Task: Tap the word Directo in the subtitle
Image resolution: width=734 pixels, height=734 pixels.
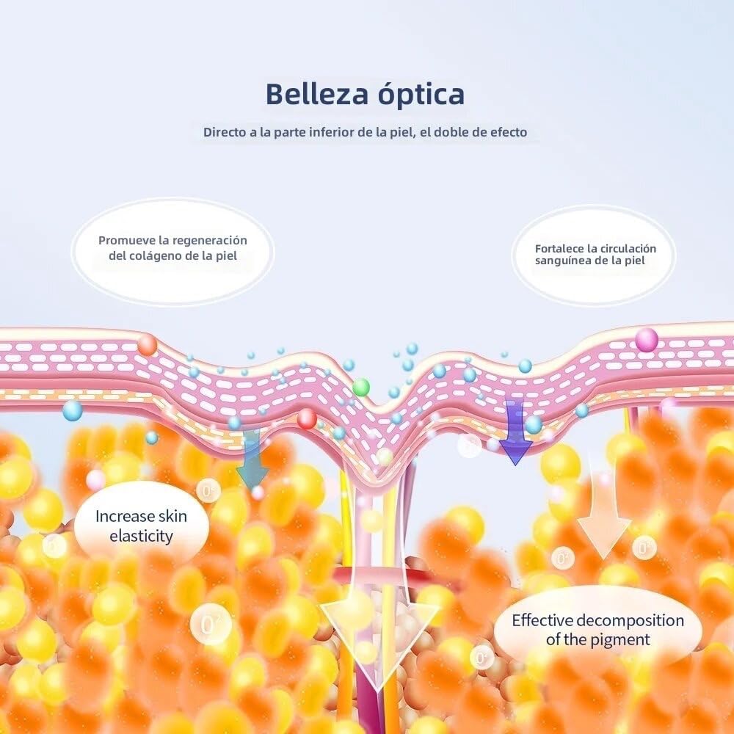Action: pos(225,133)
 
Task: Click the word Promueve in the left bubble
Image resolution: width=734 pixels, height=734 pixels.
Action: pos(126,241)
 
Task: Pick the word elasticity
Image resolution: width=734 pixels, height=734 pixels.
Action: pos(141,536)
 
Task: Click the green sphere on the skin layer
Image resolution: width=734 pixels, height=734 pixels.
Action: pos(361,387)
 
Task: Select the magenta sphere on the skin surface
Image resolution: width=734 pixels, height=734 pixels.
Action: pos(647,340)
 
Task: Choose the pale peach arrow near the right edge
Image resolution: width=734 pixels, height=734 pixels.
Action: pos(603,506)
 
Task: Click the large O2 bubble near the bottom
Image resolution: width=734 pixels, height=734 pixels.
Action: pos(211,625)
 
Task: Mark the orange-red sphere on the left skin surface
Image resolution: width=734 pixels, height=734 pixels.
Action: pos(147,344)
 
